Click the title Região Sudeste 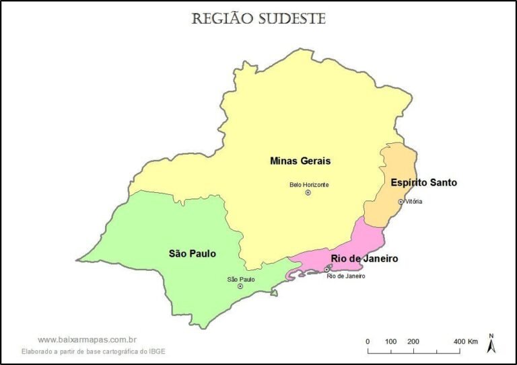(x=258, y=18)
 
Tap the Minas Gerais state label (x=300, y=161)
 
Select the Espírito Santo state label (x=423, y=182)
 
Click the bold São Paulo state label (x=192, y=253)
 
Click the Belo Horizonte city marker (x=308, y=193)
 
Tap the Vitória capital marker (x=401, y=202)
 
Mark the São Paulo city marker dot (x=240, y=286)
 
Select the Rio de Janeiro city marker (x=327, y=269)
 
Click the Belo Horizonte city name (x=309, y=185)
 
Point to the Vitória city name (x=414, y=202)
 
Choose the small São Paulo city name (x=240, y=279)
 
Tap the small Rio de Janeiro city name (x=345, y=276)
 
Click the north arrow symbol (x=491, y=344)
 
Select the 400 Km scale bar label (x=466, y=341)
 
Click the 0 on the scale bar (x=368, y=341)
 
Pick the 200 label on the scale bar (x=413, y=341)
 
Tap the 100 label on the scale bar (x=390, y=341)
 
